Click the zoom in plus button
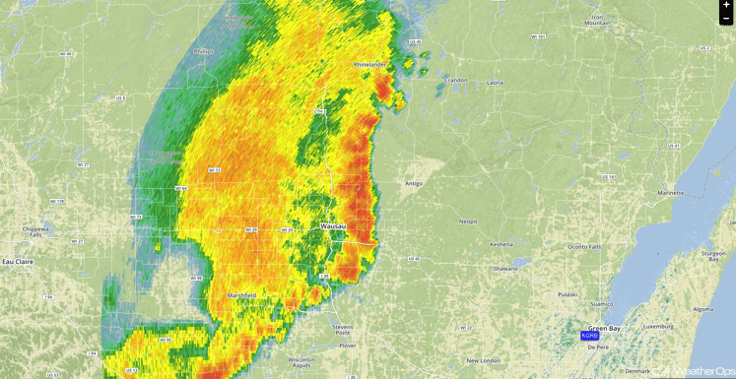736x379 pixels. (726, 6)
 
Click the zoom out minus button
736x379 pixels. (726, 19)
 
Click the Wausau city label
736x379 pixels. (334, 226)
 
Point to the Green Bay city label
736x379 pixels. (604, 328)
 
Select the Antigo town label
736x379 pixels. (414, 183)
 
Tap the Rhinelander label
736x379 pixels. (370, 65)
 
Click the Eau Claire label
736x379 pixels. (17, 261)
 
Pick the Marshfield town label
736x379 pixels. (241, 295)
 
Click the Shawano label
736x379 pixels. (505, 268)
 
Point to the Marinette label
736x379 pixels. (671, 193)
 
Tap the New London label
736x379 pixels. (485, 361)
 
